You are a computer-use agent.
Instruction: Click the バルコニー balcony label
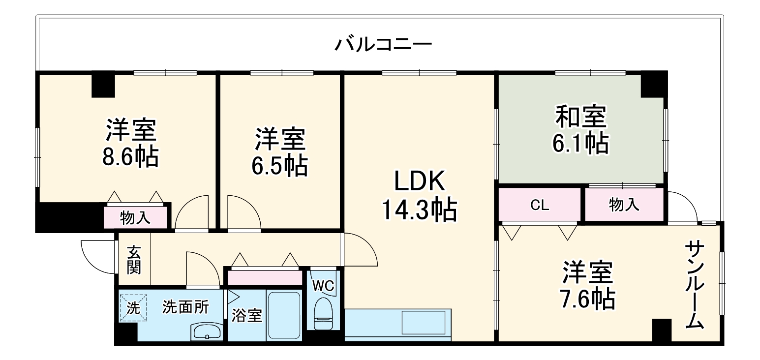383,45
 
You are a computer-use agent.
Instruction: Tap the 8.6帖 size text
130,157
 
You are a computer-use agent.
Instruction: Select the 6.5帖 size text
280,166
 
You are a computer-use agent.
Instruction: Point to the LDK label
420,181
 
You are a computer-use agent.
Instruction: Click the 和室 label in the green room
580,117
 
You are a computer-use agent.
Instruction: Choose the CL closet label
540,205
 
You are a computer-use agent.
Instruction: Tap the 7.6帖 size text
588,299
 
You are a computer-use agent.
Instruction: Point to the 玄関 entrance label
134,260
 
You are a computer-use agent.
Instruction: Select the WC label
323,285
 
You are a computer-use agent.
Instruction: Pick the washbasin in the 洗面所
207,331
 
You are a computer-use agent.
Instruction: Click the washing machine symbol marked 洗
133,308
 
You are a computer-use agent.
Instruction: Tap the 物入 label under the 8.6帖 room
135,218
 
